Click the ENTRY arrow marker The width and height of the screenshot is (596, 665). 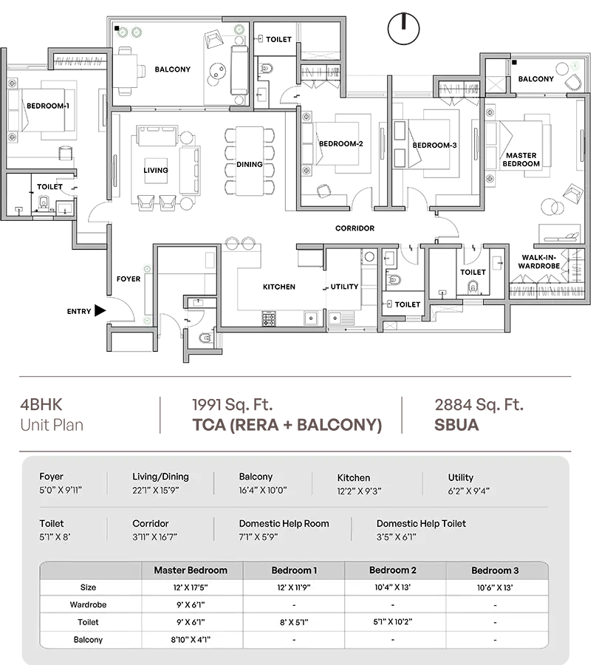(x=100, y=311)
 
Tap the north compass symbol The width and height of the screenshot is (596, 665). (x=403, y=28)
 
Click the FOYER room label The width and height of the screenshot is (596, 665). (x=129, y=279)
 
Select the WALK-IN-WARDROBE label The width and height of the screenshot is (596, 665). (x=539, y=262)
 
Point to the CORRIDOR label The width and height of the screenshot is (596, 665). (x=354, y=228)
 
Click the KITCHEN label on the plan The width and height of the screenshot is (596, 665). (x=279, y=287)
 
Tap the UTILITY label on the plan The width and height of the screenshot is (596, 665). (x=344, y=287)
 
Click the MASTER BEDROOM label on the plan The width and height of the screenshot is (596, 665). (x=521, y=160)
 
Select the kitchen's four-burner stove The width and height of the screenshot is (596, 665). (x=269, y=318)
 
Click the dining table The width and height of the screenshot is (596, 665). (x=249, y=161)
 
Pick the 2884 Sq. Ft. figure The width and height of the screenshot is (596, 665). (x=479, y=405)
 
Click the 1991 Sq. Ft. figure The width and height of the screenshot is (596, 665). (x=233, y=405)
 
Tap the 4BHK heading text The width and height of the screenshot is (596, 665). (x=41, y=405)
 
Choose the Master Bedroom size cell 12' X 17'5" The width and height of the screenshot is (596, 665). (x=191, y=587)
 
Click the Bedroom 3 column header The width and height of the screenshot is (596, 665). (x=495, y=570)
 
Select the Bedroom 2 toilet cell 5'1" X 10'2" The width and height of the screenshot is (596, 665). (x=392, y=621)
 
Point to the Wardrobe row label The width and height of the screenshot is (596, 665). (x=88, y=604)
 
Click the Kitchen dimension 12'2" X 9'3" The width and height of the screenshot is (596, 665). (x=359, y=491)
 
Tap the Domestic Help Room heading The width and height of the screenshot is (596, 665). (x=284, y=524)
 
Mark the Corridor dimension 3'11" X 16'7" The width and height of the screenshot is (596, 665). (x=154, y=537)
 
